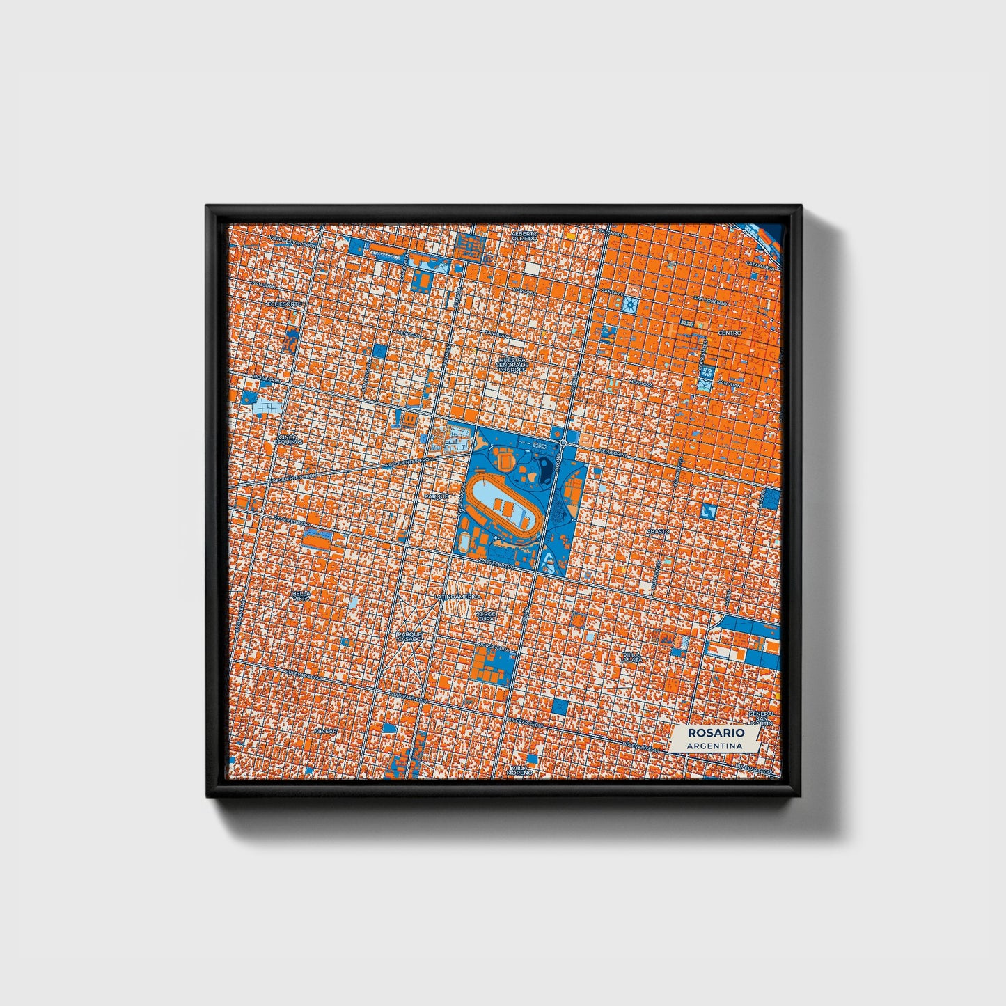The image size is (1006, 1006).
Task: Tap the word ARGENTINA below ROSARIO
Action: tap(714, 746)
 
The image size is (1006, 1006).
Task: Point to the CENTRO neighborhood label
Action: tap(730, 333)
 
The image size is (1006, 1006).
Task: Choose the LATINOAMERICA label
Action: tap(457, 597)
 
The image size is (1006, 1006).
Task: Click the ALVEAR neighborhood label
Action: tap(324, 732)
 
